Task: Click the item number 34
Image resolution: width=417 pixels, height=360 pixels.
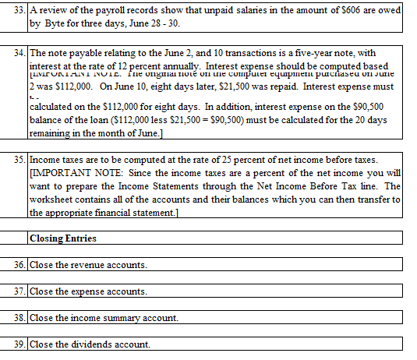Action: coord(20,54)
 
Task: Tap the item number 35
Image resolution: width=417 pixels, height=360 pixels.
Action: coord(20,159)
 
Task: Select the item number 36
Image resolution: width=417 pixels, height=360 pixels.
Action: coord(20,266)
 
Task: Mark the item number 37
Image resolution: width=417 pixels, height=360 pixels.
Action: coord(20,291)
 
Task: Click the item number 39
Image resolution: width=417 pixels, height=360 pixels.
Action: coord(20,344)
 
